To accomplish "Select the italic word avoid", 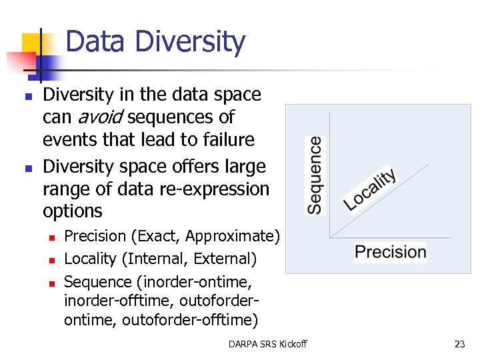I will [100, 117].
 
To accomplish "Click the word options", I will [72, 211].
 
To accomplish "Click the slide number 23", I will [459, 344].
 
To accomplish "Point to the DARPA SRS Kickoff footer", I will [267, 344].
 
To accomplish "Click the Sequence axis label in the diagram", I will [315, 175].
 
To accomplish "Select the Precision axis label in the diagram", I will [391, 252].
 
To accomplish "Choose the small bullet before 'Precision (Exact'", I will [51, 237].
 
